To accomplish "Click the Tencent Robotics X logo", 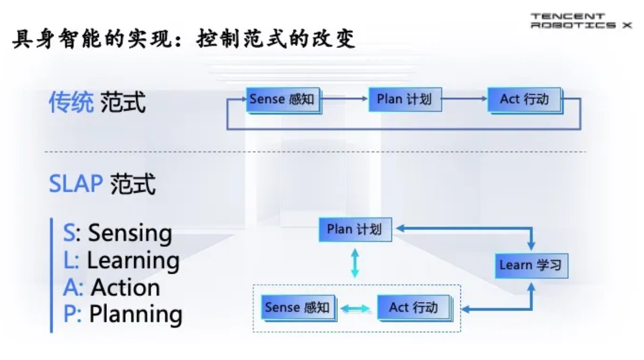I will [580, 21].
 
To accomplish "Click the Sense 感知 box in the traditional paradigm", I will [283, 99].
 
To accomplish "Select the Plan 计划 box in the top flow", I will [405, 99].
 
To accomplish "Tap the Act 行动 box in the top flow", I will [524, 99].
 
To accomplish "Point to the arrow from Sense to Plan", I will [345, 98].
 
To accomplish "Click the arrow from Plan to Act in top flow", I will [465, 98].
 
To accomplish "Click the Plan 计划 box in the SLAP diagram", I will [355, 229].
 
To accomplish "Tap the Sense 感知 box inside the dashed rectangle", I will [298, 307].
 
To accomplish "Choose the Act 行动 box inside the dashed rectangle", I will [414, 307].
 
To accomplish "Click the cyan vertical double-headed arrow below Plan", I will [355, 263].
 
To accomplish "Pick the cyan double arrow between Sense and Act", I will [356, 308].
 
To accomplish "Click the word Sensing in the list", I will [129, 234].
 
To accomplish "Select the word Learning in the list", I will [133, 261].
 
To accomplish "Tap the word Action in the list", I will [125, 288].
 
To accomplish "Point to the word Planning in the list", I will [135, 314].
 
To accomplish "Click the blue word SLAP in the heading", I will [76, 184].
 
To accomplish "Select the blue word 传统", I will [71, 103].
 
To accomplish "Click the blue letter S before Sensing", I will [69, 234].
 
